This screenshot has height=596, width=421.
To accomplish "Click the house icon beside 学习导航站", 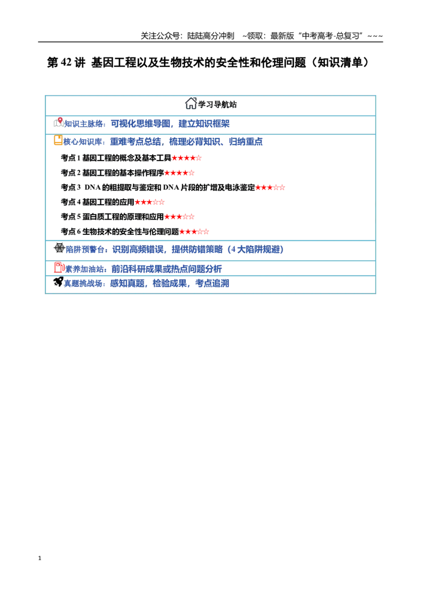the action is pyautogui.click(x=191, y=103).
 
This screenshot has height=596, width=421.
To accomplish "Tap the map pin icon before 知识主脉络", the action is pyautogui.click(x=58, y=122).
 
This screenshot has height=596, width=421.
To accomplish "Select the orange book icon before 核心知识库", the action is pyautogui.click(x=58, y=140).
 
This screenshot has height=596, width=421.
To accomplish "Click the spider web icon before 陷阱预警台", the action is pyautogui.click(x=59, y=248).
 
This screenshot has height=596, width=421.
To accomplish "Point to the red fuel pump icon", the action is pyautogui.click(x=59, y=267).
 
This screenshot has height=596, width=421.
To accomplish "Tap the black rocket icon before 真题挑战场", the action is pyautogui.click(x=58, y=282).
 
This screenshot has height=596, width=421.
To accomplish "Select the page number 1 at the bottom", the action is pyautogui.click(x=39, y=558).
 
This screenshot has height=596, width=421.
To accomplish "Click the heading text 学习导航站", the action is pyautogui.click(x=217, y=105).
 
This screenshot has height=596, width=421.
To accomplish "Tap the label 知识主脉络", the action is pyautogui.click(x=84, y=124).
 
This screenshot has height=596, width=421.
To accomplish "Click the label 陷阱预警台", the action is pyautogui.click(x=85, y=250).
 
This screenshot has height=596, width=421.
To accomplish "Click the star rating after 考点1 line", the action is pyautogui.click(x=186, y=158).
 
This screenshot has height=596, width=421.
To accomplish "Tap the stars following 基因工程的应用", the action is pyautogui.click(x=149, y=202).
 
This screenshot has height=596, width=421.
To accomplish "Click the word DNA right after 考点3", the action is pyautogui.click(x=93, y=187).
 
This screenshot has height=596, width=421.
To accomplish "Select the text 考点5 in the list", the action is pyautogui.click(x=71, y=217).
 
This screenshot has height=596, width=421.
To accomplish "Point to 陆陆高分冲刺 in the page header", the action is pyautogui.click(x=211, y=36).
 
